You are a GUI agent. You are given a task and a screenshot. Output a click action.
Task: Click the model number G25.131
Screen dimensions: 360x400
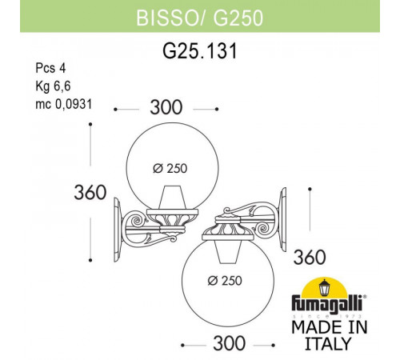click(199, 50)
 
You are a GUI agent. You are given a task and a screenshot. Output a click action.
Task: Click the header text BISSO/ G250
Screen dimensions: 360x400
click(199, 14)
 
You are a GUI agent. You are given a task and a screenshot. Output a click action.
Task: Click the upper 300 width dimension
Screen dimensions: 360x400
click(166, 107)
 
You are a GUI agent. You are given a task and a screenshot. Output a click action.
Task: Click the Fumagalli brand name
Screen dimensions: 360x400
click(326, 308)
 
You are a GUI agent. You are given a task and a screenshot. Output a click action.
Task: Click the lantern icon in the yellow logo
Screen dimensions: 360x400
click(326, 289)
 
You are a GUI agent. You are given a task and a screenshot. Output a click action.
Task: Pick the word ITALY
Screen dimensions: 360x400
click(326, 345)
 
